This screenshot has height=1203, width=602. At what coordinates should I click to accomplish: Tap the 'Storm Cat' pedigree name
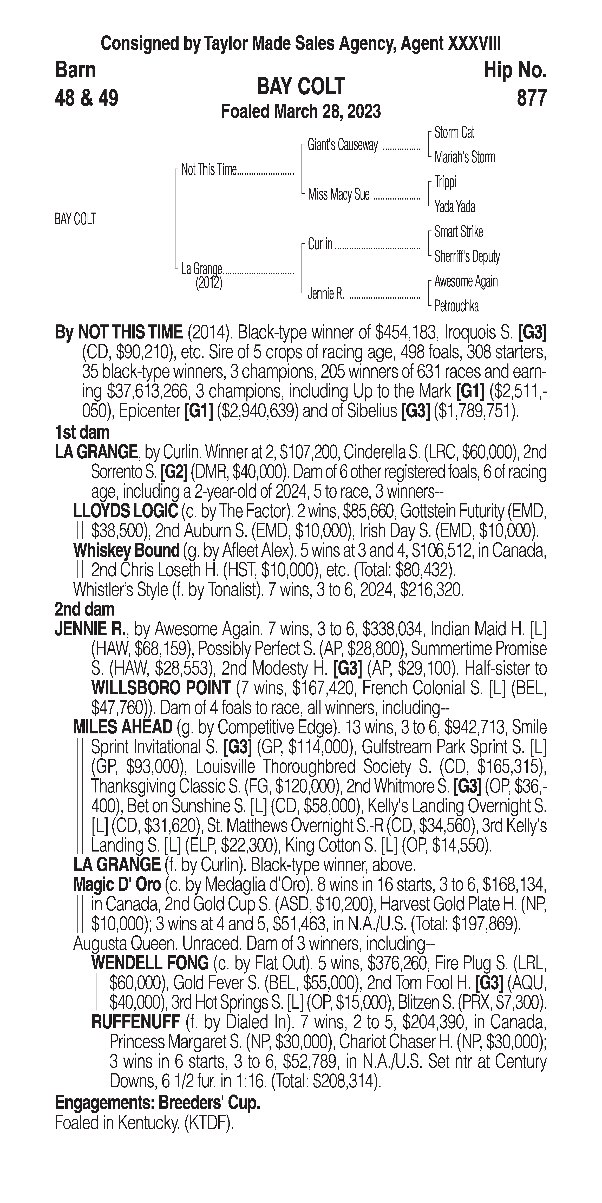tap(454, 133)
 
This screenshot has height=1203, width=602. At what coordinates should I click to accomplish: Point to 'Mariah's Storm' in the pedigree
tap(464, 157)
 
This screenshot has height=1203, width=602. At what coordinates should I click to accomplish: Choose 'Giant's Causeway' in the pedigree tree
tap(343, 145)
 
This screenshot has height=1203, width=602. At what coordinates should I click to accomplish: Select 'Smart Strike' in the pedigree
tap(458, 232)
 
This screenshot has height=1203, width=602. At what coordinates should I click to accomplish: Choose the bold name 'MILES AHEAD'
tap(123, 727)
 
